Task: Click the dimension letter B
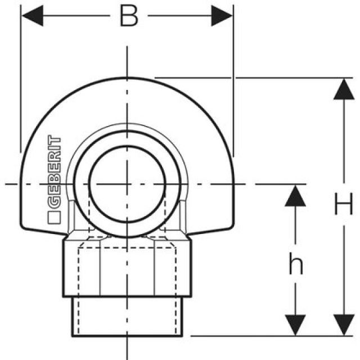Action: click(x=129, y=16)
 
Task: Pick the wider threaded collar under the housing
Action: click(x=128, y=267)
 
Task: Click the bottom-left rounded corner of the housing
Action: click(x=24, y=227)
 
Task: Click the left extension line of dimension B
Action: click(x=21, y=84)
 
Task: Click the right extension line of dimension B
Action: click(x=233, y=84)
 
